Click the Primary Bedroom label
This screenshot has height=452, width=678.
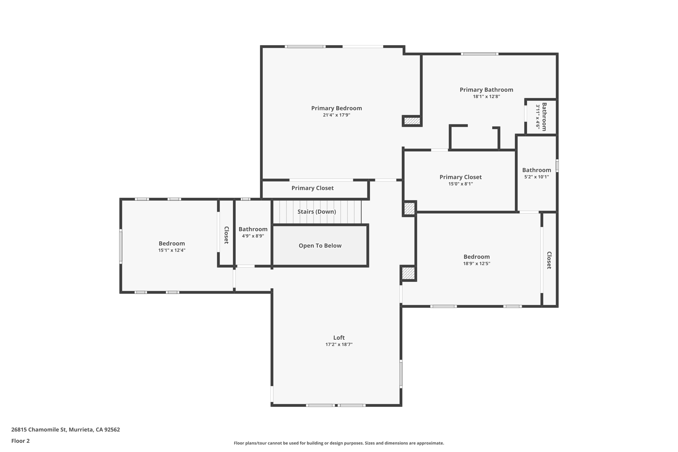point(336,108)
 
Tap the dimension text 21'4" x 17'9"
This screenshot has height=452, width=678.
point(336,115)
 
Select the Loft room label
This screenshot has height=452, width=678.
point(339,337)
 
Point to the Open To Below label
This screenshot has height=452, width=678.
point(320,246)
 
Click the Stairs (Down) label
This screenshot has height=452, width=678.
point(316,212)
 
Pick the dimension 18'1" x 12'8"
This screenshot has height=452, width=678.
point(486,97)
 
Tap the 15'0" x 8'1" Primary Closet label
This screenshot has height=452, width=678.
point(460,177)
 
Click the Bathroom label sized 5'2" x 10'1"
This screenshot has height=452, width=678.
point(536,170)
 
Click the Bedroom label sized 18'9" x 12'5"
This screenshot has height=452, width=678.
point(476,257)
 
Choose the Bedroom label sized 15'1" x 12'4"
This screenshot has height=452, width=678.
point(171,243)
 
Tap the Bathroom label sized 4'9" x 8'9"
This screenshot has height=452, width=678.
point(253,229)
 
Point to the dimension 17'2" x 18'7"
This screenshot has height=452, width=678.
point(339,345)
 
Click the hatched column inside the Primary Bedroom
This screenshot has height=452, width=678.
point(412,121)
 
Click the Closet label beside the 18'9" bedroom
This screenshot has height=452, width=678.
point(549,260)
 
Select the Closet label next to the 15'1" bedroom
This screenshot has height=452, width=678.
point(226,235)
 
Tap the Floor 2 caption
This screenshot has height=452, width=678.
point(21,441)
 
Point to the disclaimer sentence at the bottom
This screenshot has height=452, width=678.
point(339,443)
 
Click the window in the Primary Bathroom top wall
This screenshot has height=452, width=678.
point(479,54)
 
